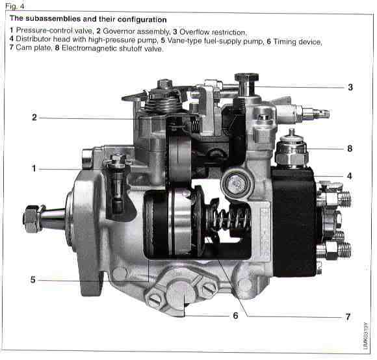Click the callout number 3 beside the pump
click(350, 86)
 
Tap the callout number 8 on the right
click(350, 149)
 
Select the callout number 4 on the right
click(350, 175)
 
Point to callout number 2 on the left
click(32, 118)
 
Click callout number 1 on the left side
click(32, 168)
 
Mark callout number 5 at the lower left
click(32, 280)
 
